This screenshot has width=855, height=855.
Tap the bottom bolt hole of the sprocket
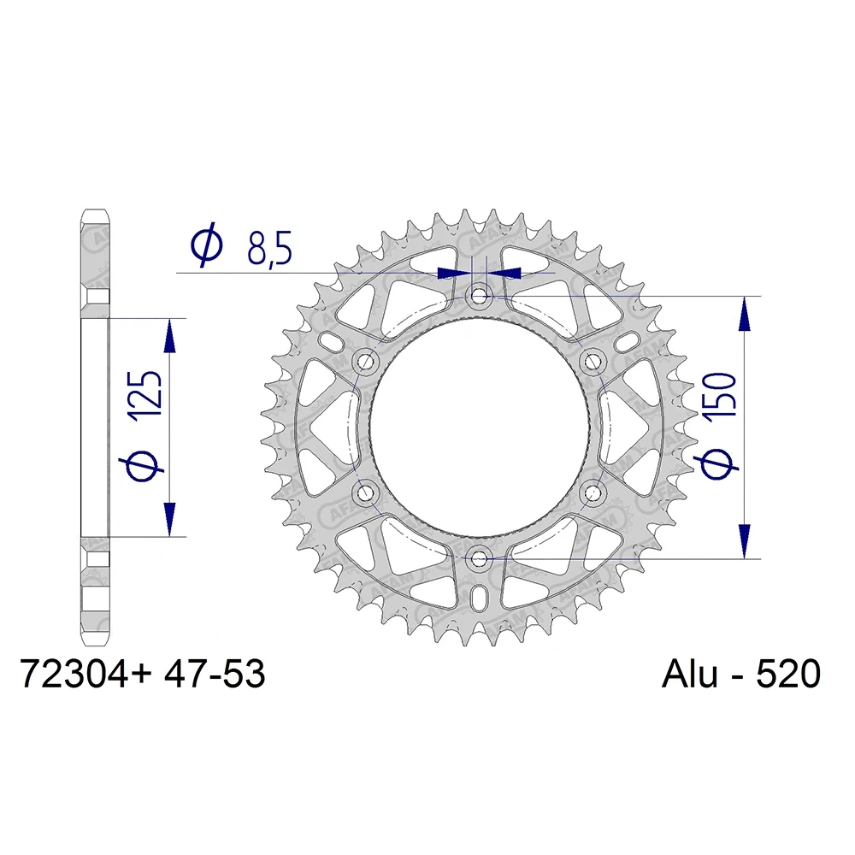click(x=479, y=558)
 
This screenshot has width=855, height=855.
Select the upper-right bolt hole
click(x=591, y=362)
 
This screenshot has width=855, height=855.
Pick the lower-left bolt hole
click(x=367, y=492)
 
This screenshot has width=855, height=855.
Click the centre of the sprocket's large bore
click(x=479, y=427)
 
